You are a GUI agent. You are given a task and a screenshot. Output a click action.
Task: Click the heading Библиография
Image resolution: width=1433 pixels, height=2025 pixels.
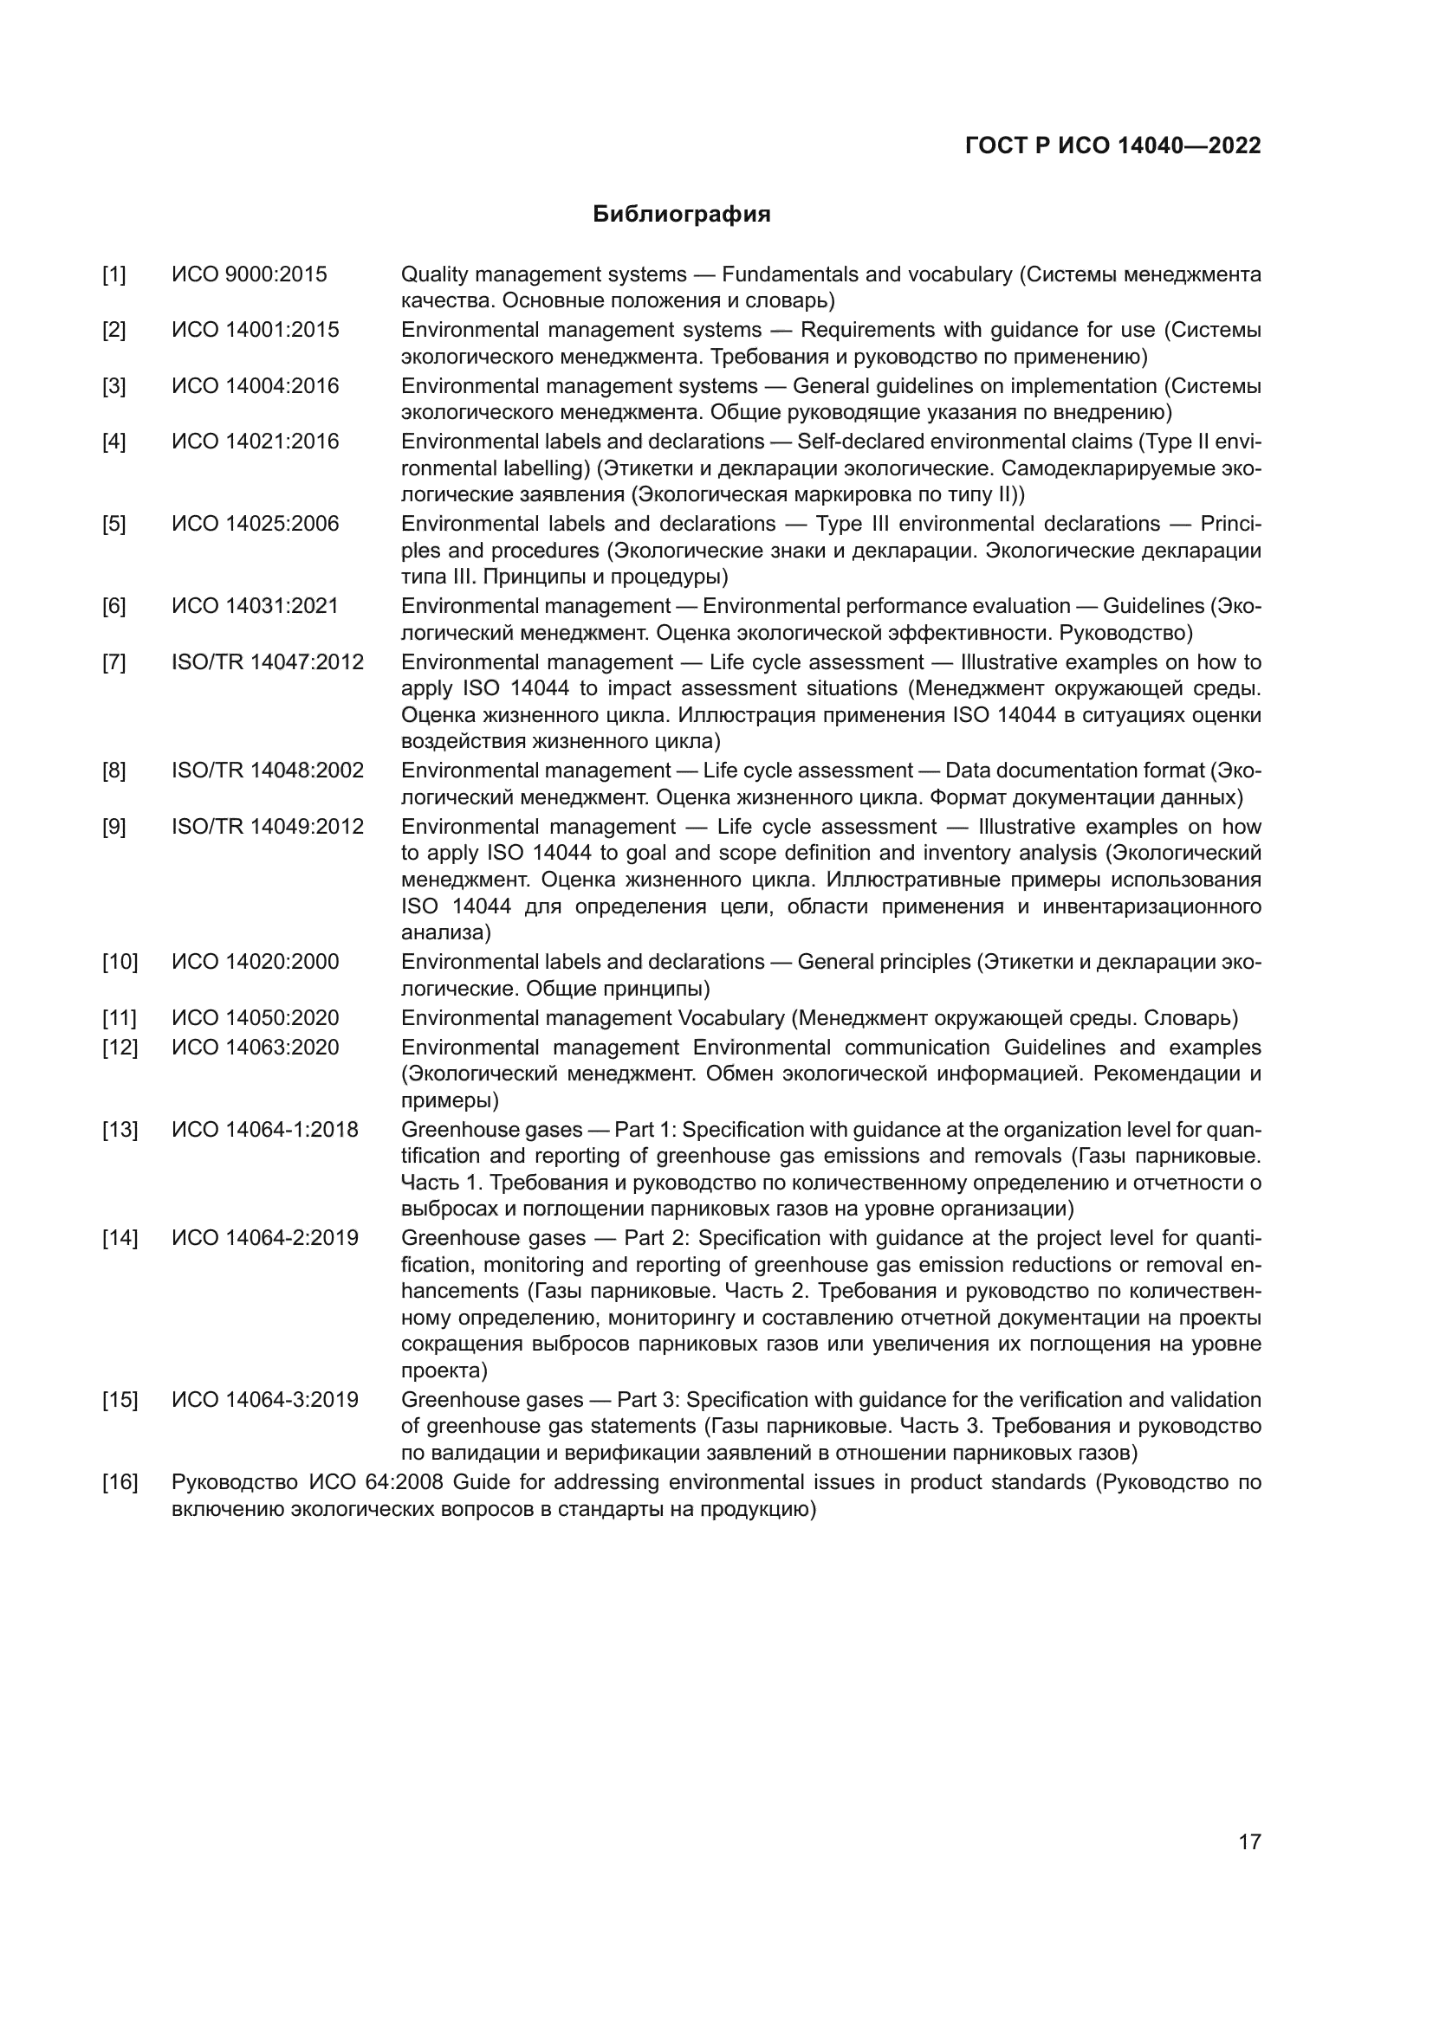681,215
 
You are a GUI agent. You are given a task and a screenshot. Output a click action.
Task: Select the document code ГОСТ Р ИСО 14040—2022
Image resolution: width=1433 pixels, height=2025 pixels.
1112,145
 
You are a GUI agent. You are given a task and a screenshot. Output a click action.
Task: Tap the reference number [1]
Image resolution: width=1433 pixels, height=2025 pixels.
113,274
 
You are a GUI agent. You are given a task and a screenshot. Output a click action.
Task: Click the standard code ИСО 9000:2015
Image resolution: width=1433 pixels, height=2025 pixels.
249,274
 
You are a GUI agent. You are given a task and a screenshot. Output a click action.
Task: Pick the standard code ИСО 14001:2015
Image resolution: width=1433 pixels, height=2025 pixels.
255,330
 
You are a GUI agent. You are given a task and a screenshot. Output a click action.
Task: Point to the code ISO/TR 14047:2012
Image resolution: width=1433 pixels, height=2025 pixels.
268,661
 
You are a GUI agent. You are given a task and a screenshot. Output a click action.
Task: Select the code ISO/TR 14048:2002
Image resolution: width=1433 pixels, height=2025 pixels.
268,770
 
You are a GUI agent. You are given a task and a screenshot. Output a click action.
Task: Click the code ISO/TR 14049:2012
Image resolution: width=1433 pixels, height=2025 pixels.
268,827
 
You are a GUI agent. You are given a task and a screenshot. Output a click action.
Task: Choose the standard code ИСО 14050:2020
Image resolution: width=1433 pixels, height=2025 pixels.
255,1018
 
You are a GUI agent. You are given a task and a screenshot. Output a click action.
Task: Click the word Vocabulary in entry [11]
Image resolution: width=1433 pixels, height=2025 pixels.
730,1018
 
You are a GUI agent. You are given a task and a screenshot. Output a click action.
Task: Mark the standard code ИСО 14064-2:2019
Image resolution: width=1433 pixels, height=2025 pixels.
265,1237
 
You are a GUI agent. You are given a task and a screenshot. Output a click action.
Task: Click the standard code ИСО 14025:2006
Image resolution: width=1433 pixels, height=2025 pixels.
255,524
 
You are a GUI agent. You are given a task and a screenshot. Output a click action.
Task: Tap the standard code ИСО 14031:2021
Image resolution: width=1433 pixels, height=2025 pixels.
255,606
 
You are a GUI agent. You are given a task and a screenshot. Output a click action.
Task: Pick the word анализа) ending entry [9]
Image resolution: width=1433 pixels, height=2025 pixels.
445,932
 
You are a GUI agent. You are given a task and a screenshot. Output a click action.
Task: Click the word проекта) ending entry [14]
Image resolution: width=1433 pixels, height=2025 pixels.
444,1370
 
